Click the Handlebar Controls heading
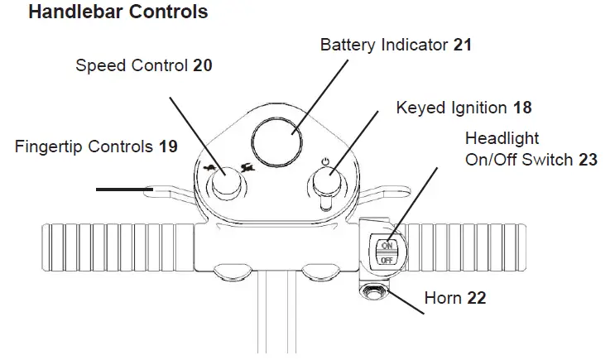click(118, 12)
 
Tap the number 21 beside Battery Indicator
click(463, 45)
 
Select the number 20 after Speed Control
click(203, 65)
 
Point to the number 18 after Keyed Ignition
click(522, 108)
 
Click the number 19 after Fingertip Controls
click(168, 146)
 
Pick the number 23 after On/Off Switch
click(588, 160)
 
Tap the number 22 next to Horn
click(477, 298)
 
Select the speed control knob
click(226, 182)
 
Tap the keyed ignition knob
click(327, 181)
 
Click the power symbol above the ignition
click(325, 161)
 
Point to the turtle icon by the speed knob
click(210, 169)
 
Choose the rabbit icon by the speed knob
click(247, 168)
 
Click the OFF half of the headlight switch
click(387, 260)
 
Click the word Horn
click(443, 298)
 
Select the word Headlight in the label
click(502, 138)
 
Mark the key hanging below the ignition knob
click(326, 202)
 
